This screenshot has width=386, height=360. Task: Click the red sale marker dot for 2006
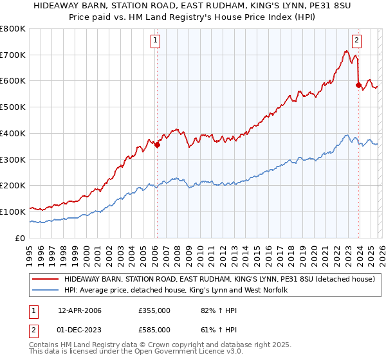(x=157, y=145)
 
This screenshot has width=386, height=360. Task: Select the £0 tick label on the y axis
(x=19, y=238)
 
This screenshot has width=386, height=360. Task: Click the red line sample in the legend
(x=45, y=280)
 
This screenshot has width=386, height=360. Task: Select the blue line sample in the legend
(x=45, y=291)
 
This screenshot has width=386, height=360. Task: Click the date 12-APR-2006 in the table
(x=79, y=310)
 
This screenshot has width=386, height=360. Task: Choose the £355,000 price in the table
(x=154, y=310)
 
